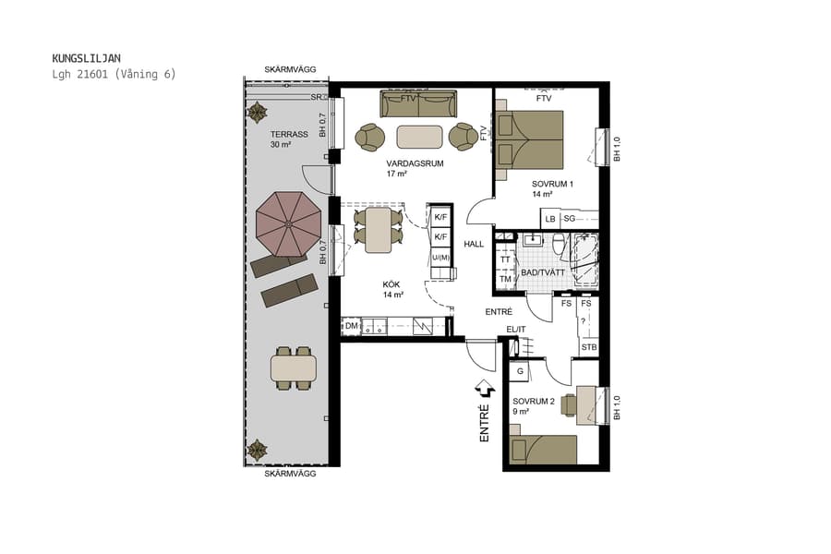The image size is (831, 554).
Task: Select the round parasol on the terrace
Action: (x=288, y=224)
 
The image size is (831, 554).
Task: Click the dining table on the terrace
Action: (x=294, y=368)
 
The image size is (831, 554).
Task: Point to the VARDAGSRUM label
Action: (x=415, y=163)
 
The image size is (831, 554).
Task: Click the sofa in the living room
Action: (x=418, y=102)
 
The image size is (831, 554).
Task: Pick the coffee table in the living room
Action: (x=419, y=137)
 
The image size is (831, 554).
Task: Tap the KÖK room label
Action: (x=392, y=284)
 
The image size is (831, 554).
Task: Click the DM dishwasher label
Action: (x=351, y=326)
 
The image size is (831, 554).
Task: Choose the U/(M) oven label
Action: (x=440, y=257)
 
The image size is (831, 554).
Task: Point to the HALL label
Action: (x=474, y=244)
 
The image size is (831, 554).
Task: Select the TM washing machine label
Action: (x=504, y=279)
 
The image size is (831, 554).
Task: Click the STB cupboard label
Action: (x=588, y=347)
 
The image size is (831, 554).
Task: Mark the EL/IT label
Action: (x=516, y=330)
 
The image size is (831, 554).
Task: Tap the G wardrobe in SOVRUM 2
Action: (x=520, y=371)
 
